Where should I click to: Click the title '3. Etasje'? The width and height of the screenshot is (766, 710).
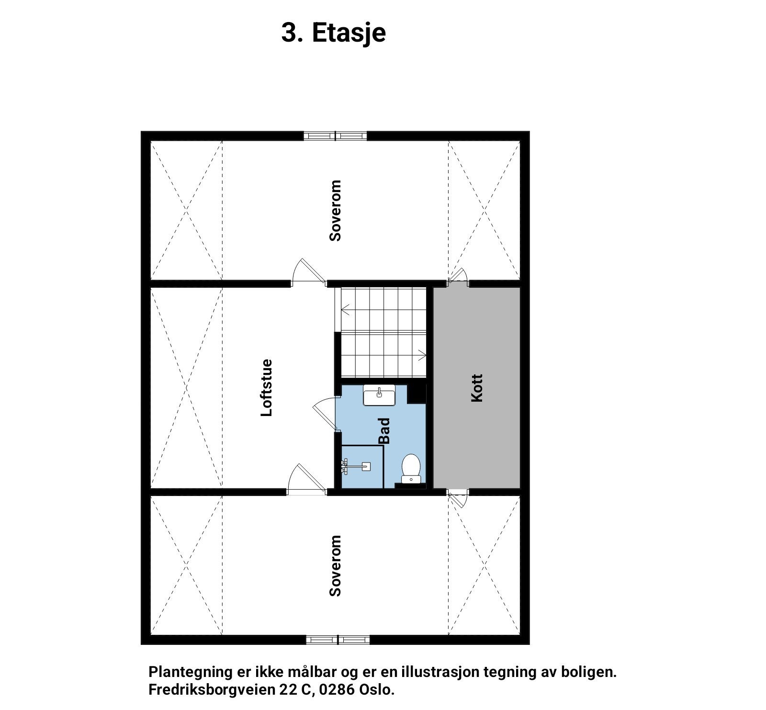[333, 33]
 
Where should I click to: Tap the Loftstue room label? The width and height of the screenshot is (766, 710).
[266, 388]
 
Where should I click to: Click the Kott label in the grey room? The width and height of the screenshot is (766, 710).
[477, 388]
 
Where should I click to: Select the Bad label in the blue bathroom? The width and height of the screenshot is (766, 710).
[384, 431]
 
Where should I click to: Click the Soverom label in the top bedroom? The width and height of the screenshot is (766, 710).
[336, 211]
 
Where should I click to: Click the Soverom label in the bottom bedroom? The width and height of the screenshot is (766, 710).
[336, 566]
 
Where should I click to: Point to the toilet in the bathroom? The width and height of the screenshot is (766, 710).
[411, 468]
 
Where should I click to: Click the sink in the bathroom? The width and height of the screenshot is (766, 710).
[379, 395]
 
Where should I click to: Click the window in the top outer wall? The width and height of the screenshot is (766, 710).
[335, 135]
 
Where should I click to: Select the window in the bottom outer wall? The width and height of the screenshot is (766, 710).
[338, 639]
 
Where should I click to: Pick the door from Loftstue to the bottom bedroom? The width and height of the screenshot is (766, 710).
[305, 479]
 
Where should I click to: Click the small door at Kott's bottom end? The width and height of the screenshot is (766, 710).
[458, 498]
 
